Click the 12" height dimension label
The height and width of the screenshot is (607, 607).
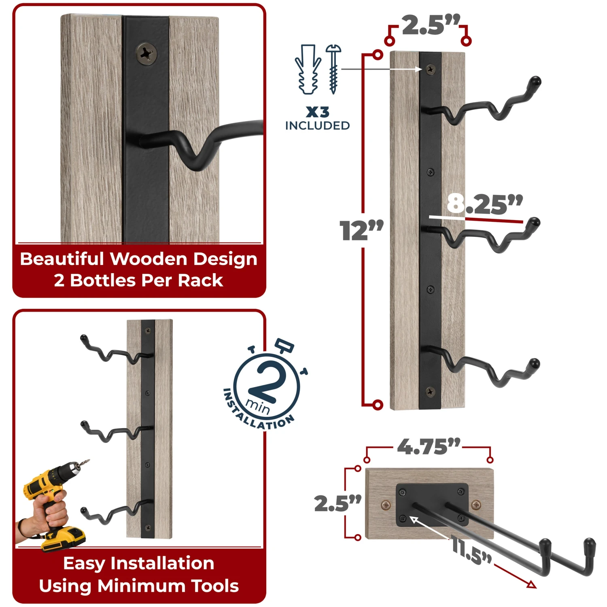tap(361, 231)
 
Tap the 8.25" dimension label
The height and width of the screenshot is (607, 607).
tap(485, 204)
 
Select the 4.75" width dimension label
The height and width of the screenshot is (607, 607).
tap(429, 447)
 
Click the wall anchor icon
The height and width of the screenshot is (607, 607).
tap(308, 70)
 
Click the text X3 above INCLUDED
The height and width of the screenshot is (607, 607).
tap(317, 112)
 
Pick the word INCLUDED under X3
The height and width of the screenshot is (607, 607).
tap(317, 126)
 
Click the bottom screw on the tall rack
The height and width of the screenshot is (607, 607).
tap(430, 391)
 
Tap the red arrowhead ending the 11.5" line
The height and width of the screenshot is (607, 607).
tap(532, 584)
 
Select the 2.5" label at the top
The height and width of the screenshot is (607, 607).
tap(431, 25)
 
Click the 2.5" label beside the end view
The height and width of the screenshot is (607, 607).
tap(338, 503)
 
